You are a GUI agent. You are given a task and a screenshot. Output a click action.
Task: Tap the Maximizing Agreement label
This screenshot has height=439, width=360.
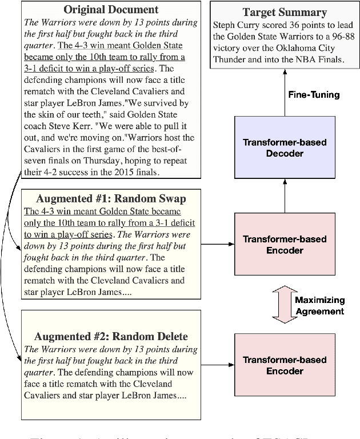point(319,305)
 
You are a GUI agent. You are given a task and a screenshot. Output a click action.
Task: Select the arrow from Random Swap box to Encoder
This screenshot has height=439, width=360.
point(219,244)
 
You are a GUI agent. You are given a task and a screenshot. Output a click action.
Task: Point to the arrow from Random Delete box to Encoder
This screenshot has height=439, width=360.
point(219,365)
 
